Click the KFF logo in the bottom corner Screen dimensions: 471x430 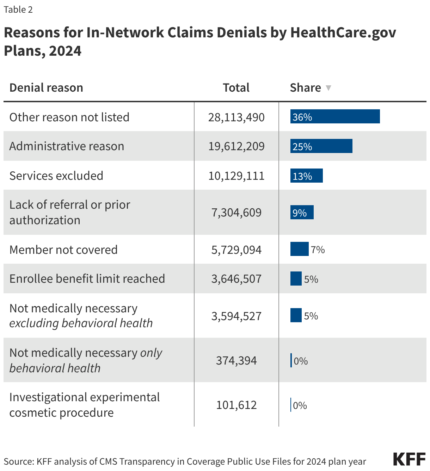409,459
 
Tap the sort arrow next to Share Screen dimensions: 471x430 328,88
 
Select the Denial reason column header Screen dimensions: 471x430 46,88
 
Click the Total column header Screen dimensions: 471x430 236,88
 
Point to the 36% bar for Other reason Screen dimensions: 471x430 335,117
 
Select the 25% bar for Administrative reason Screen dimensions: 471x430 321,146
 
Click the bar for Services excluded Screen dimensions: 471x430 306,176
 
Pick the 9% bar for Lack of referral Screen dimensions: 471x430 302,213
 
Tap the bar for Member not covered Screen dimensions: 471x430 299,249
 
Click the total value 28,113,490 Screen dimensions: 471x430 236,117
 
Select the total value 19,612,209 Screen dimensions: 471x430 236,146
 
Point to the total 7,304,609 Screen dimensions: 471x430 236,213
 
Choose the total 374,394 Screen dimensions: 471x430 236,361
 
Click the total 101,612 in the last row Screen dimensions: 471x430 236,405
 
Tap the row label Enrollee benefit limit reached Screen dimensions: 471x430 87,279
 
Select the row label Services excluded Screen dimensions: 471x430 56,176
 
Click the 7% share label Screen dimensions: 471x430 318,250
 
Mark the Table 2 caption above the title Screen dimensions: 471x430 18,10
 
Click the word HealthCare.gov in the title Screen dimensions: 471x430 343,32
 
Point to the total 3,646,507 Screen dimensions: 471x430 236,279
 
